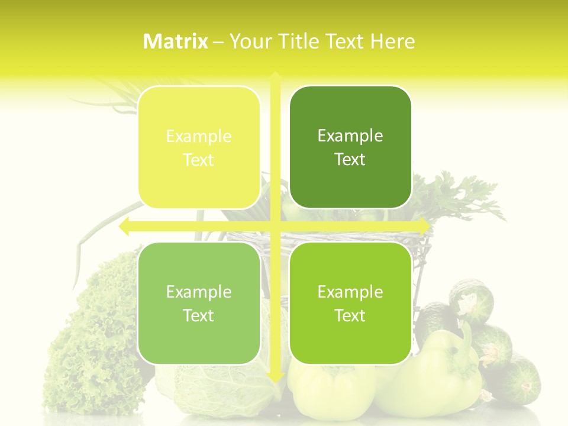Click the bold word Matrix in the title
pos(176,41)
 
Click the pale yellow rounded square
pos(199,147)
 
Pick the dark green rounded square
pos(350,147)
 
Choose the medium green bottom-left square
pos(199,303)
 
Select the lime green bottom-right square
pos(350,303)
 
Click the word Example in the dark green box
pos(350,136)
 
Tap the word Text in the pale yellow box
pos(199,160)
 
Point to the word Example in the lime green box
pos(350,292)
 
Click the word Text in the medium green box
pos(199,316)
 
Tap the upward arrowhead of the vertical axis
pos(275,77)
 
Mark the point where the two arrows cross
pos(275,226)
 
